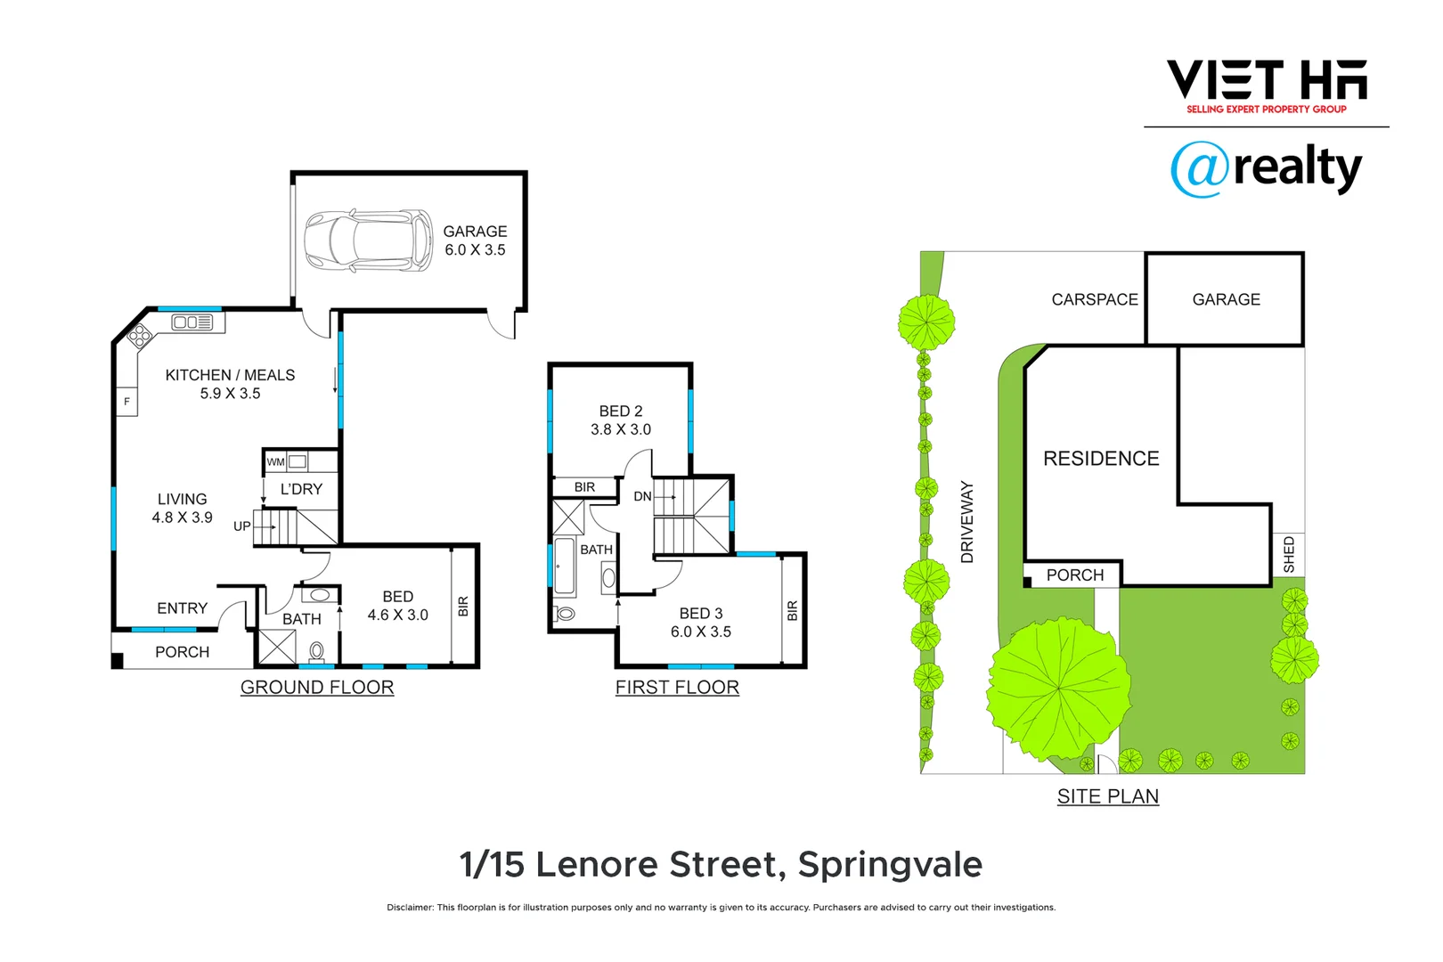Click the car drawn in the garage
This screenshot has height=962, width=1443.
tap(368, 240)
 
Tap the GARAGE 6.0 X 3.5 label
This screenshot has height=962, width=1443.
tap(475, 240)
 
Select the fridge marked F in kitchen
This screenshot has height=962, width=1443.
tap(126, 402)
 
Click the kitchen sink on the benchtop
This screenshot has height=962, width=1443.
tap(192, 322)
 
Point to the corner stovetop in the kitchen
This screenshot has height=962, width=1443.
tap(140, 336)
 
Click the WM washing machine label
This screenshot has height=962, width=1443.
tap(276, 461)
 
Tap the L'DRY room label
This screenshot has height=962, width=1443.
tap(301, 489)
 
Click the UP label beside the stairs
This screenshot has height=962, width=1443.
tap(241, 526)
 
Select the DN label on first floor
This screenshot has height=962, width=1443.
tap(642, 496)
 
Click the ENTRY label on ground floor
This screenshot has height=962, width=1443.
tap(182, 608)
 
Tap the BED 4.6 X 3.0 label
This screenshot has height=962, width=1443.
tap(397, 606)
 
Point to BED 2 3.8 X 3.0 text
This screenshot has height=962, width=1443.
tap(621, 420)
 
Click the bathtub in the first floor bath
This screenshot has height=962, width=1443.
tap(565, 567)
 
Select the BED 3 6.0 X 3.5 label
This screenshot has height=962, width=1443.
tap(701, 623)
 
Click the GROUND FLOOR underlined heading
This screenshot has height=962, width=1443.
tap(317, 688)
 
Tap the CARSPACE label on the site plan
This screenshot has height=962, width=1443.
tap(1095, 299)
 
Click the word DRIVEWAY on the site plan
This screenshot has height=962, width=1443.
tap(967, 522)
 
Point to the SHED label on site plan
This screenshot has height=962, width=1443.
tap(1289, 554)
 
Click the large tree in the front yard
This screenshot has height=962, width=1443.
tap(1058, 688)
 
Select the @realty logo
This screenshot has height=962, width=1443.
tap(1266, 167)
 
